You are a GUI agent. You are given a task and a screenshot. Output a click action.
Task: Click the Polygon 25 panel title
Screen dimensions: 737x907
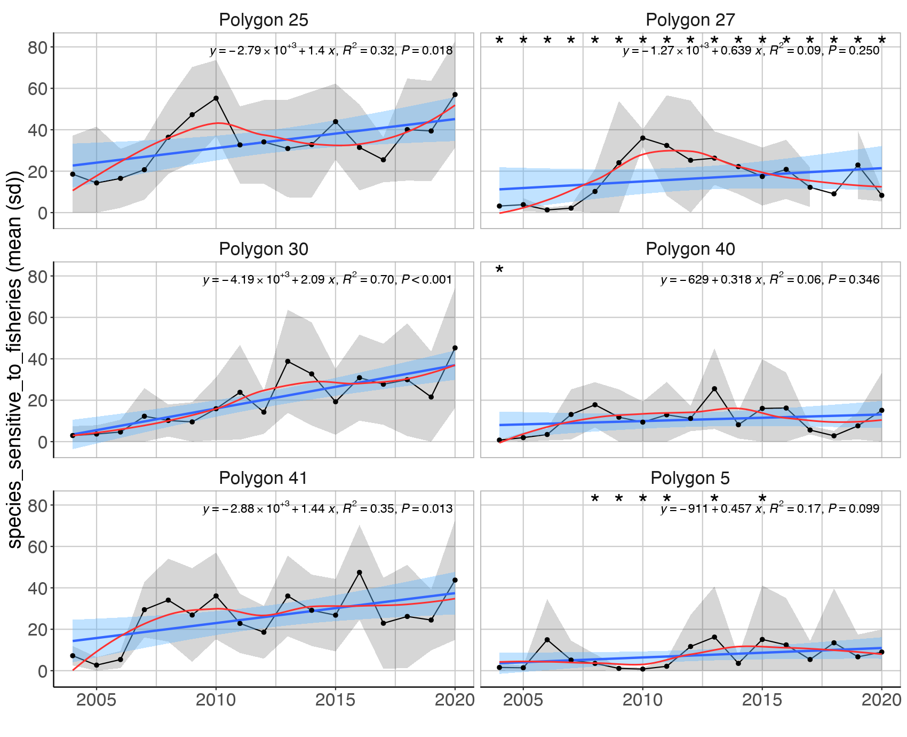point(263,20)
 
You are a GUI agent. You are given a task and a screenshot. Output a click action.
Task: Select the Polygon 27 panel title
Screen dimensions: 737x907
point(690,20)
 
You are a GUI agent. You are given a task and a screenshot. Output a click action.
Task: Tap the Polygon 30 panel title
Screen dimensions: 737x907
point(263,249)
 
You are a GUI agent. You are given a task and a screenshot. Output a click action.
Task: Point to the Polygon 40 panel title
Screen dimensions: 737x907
point(690,249)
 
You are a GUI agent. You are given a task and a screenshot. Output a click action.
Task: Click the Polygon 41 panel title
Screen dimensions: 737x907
point(263,478)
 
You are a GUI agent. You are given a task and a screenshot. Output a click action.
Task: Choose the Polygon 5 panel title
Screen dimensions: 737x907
point(690,478)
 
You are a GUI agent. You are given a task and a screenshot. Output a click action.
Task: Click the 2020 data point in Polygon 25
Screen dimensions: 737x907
point(455,95)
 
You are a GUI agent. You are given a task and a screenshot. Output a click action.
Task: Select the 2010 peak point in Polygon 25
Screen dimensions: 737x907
point(216,98)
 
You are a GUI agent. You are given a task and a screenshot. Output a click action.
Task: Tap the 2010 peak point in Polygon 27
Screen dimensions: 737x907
point(642,138)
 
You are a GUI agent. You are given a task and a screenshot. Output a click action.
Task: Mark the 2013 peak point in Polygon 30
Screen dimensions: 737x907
point(288,362)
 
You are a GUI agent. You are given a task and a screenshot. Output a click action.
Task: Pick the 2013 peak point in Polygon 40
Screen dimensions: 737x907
point(714,389)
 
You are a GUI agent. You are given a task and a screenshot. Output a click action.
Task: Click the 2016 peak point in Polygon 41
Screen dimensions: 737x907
point(359,573)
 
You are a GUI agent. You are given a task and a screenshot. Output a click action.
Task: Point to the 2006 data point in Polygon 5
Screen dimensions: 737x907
point(547,640)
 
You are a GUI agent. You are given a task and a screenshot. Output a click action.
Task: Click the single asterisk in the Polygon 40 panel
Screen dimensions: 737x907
point(499,270)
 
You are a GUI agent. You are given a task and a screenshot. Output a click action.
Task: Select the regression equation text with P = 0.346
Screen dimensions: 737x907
point(769,279)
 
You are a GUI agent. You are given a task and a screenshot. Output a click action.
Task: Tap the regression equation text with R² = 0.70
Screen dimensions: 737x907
point(327,279)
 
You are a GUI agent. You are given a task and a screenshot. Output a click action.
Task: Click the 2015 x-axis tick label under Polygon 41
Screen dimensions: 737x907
point(335,700)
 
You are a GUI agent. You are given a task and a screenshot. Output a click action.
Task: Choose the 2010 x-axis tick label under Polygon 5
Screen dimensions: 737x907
point(642,700)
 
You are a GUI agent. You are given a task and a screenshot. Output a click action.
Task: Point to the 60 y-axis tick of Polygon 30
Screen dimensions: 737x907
point(37,318)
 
